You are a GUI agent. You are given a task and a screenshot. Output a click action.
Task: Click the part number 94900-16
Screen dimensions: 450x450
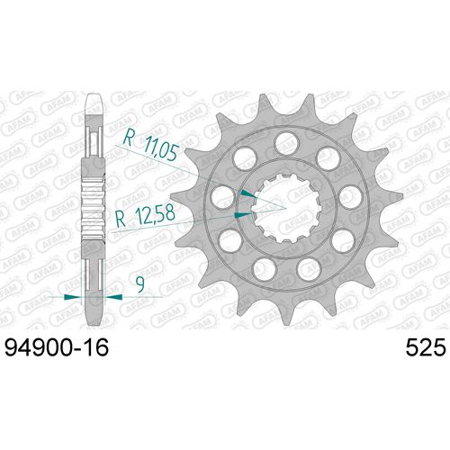(61, 346)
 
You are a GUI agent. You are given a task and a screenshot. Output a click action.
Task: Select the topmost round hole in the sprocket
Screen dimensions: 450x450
(285, 139)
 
